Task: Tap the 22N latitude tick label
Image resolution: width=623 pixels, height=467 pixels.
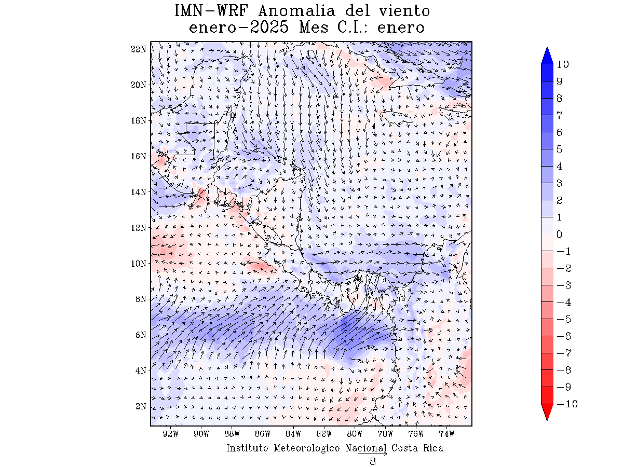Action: (x=139, y=49)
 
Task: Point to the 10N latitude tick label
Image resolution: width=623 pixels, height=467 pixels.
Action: (x=139, y=263)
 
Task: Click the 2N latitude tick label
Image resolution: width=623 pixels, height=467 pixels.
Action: (x=141, y=406)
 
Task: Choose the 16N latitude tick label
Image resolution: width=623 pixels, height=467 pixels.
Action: (x=139, y=156)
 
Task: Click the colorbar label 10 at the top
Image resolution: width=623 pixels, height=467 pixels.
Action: (x=562, y=65)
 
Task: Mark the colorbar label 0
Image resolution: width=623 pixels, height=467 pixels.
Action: (x=559, y=235)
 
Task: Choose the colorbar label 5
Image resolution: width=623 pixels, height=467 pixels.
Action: (x=559, y=149)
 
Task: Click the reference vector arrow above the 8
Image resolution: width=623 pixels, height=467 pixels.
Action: (x=372, y=454)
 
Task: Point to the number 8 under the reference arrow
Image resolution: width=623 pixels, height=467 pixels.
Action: (x=372, y=462)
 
